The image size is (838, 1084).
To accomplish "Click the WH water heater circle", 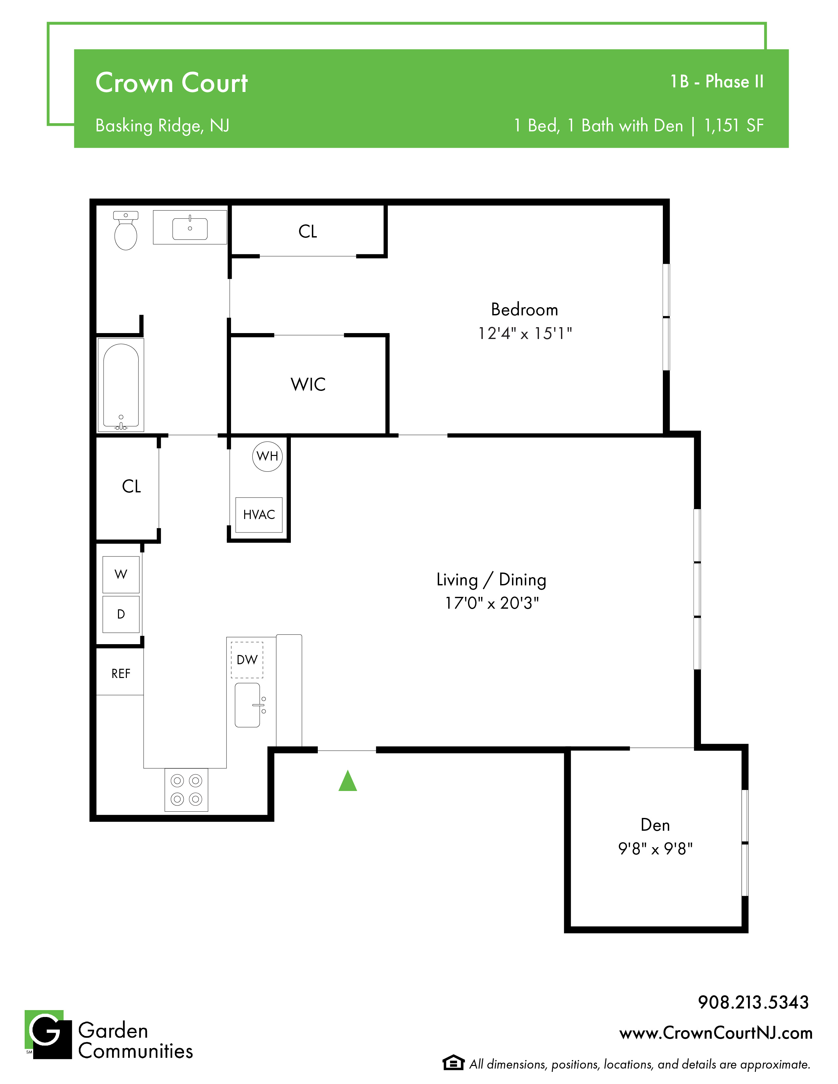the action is [267, 456].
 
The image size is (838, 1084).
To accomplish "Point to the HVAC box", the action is [259, 515].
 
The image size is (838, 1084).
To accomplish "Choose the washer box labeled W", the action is [121, 574].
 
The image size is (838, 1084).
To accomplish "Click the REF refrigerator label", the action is [121, 673].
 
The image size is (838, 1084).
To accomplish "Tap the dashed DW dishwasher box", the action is [247, 660].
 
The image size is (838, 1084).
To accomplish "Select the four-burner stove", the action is [186, 790].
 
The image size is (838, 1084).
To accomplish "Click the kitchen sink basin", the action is [247, 705].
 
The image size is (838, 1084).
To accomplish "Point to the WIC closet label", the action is [308, 384].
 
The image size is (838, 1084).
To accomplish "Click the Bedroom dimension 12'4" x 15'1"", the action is [525, 333].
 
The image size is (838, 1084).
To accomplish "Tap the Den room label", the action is [655, 825].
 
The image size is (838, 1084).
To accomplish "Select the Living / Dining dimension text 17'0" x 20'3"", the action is [492, 603].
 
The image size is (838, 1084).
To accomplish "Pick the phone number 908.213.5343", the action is [753, 1002].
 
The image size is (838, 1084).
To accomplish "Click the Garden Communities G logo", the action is [48, 1034].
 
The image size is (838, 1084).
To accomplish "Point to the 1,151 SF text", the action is [734, 125].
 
